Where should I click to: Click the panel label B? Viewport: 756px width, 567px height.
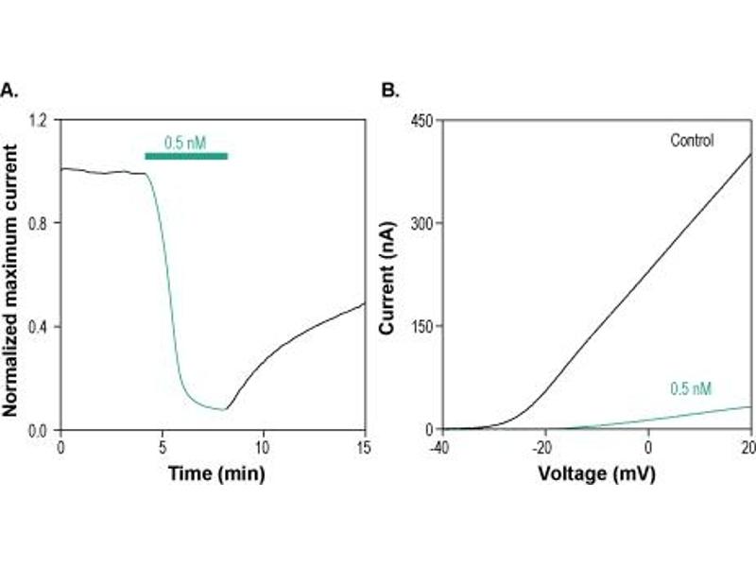387,92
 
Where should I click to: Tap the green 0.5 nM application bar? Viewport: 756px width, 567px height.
186,156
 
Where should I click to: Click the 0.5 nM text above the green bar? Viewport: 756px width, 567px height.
185,144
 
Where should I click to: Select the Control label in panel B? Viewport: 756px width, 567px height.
692,141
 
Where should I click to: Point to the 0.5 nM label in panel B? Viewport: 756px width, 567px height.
691,388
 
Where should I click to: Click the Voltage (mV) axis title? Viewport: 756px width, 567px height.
595,472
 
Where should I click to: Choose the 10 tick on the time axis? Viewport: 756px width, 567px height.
263,446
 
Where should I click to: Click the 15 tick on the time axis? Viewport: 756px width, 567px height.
364,446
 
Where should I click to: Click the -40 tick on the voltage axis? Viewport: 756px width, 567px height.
439,446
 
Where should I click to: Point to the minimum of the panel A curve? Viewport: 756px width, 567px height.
224,409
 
